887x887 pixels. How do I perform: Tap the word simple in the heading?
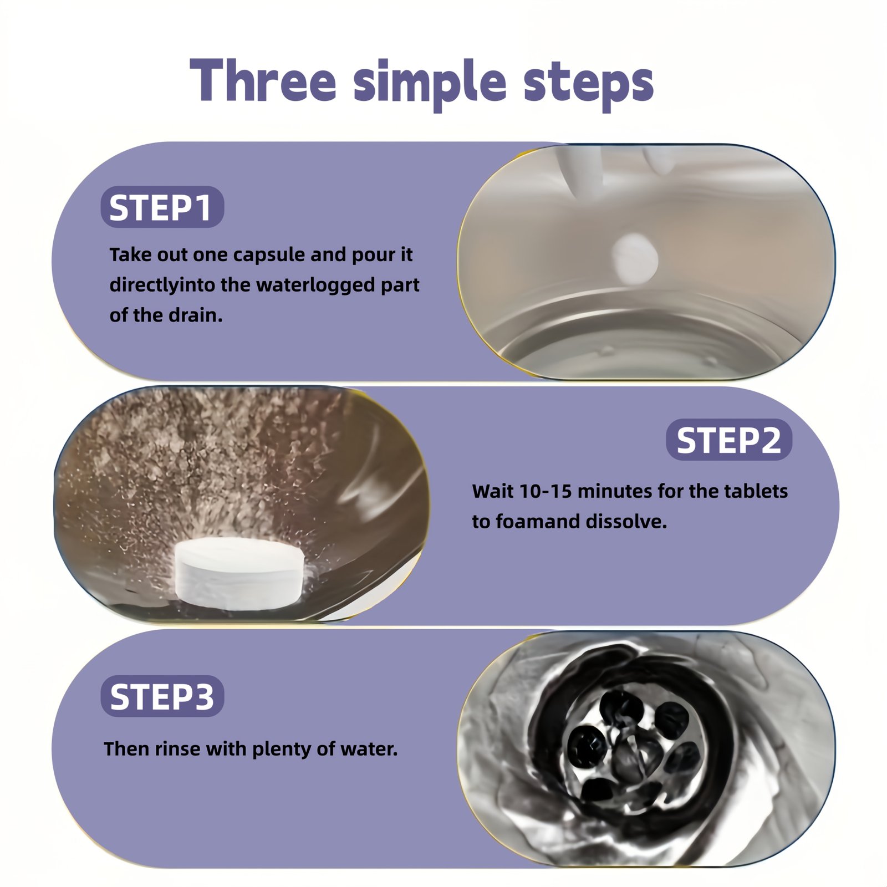430,84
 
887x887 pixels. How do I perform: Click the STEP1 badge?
162,207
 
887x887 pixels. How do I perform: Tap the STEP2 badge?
729,440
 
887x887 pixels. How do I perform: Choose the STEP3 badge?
162,696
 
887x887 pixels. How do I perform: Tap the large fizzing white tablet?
239,573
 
